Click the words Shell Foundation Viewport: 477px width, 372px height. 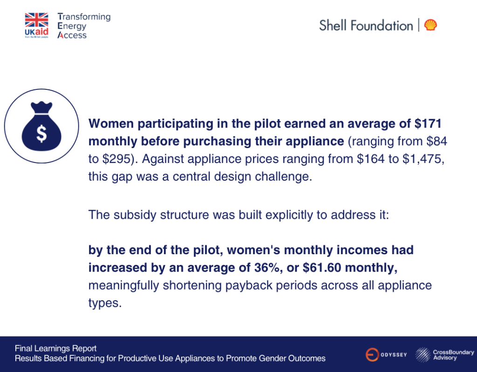(366, 25)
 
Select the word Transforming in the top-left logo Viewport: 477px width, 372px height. (84, 17)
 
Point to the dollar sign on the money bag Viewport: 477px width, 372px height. (41, 134)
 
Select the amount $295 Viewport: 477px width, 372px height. (117, 159)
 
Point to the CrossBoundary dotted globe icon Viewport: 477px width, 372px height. (423, 355)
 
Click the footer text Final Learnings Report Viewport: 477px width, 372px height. (55, 348)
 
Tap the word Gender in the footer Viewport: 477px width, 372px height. (262, 358)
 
